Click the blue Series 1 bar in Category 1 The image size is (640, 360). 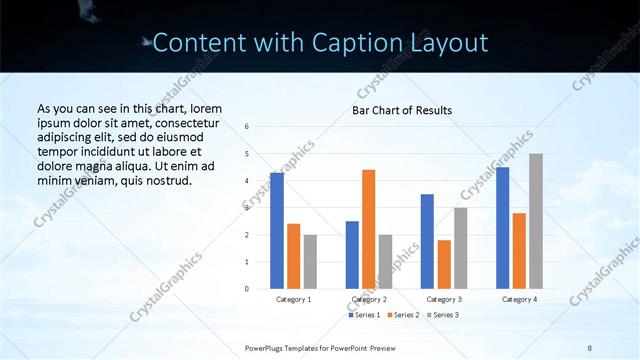[x=277, y=231]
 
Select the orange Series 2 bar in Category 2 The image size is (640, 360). [x=368, y=229]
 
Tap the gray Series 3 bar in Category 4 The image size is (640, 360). [x=536, y=221]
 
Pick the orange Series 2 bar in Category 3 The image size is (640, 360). [x=444, y=264]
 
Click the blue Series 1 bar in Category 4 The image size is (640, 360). [x=502, y=228]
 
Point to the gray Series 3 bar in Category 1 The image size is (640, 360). [x=310, y=262]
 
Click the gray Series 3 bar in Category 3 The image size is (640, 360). [x=460, y=248]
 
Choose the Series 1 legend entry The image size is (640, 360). [x=365, y=315]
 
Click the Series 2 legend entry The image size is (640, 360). [x=403, y=315]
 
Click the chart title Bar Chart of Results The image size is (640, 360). [x=402, y=110]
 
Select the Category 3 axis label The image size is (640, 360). [x=443, y=299]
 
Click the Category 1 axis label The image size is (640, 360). [x=293, y=299]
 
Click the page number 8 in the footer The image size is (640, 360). [x=590, y=347]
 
